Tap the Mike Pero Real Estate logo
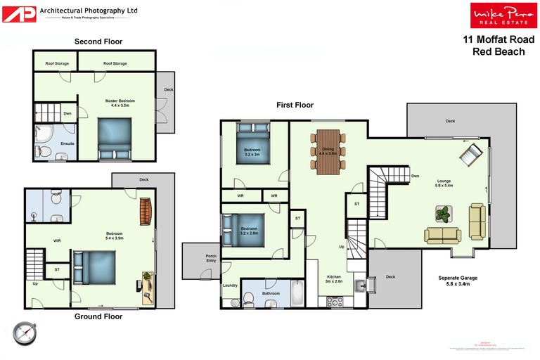500,15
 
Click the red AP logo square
19,13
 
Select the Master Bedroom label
120,103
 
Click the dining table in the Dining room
328,152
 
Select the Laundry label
230,285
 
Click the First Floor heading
294,105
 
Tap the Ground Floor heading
98,316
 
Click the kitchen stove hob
334,301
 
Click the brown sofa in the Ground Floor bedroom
146,212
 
